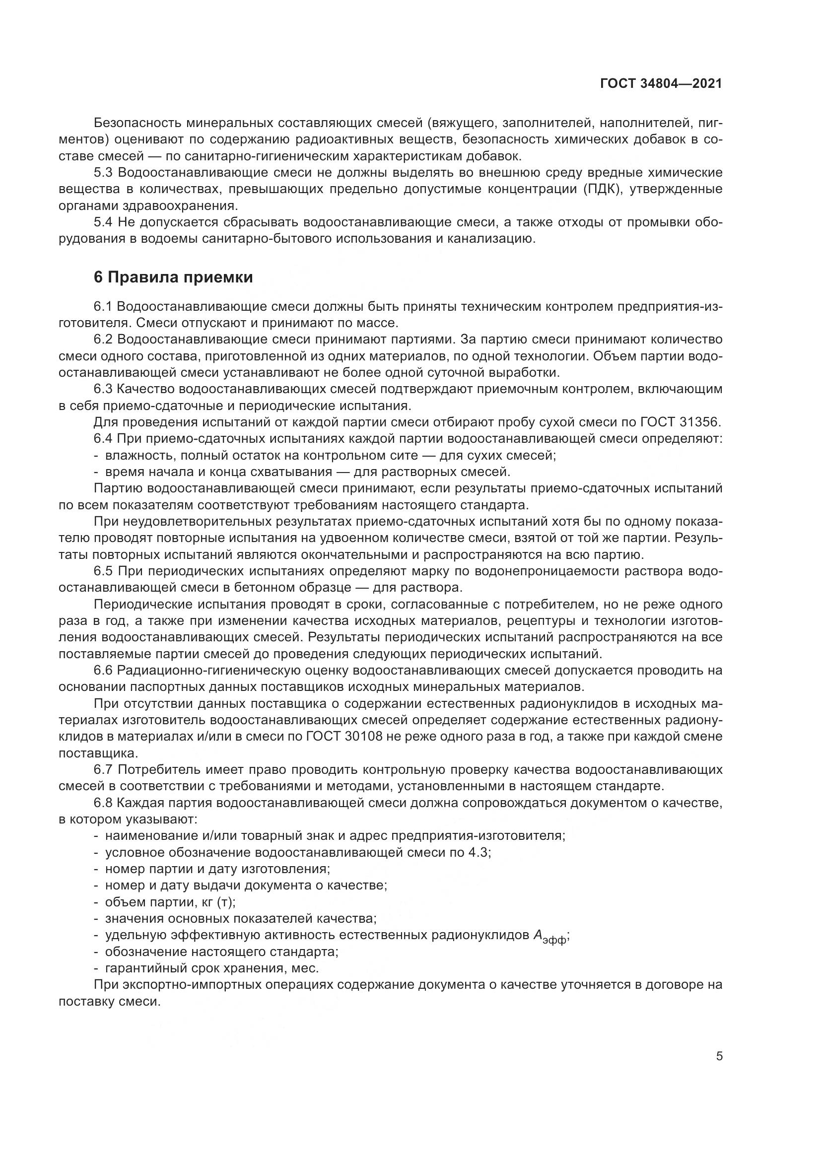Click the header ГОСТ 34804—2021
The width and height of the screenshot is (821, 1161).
tap(661, 84)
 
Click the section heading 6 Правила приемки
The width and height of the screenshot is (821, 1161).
tap(173, 277)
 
